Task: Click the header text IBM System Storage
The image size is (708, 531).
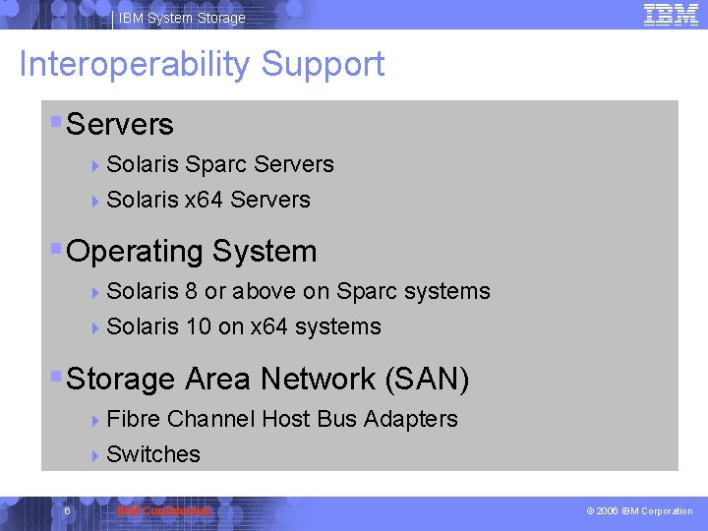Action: click(x=182, y=18)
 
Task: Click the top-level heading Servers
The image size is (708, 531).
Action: click(x=119, y=125)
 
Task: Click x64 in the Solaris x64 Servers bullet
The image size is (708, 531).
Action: click(x=204, y=200)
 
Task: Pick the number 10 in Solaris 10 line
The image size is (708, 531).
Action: click(x=198, y=326)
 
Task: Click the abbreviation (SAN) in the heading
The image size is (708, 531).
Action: click(x=428, y=379)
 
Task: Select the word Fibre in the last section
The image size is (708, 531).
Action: click(x=133, y=419)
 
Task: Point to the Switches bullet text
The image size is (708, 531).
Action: click(x=152, y=454)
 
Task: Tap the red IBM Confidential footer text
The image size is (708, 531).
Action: click(x=163, y=511)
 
